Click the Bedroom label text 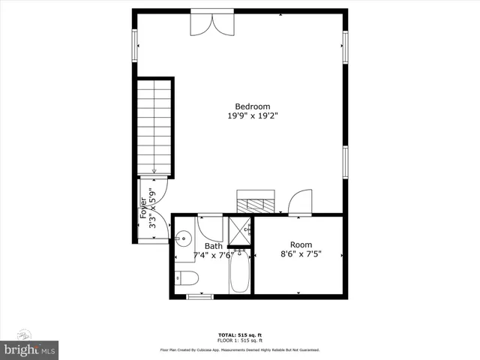pos(252,106)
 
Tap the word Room pos(301,244)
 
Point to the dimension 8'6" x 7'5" pos(301,254)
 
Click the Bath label pos(214,245)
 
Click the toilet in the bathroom pos(186,279)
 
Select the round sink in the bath pos(183,239)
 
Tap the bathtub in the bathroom pos(240,271)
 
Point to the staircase pos(154,127)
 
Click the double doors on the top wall pos(211,22)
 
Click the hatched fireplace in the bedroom pos(256,202)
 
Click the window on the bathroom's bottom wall pos(199,297)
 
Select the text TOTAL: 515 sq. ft pos(240,334)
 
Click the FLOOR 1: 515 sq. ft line pos(240,340)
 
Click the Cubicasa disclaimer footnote pos(240,350)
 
